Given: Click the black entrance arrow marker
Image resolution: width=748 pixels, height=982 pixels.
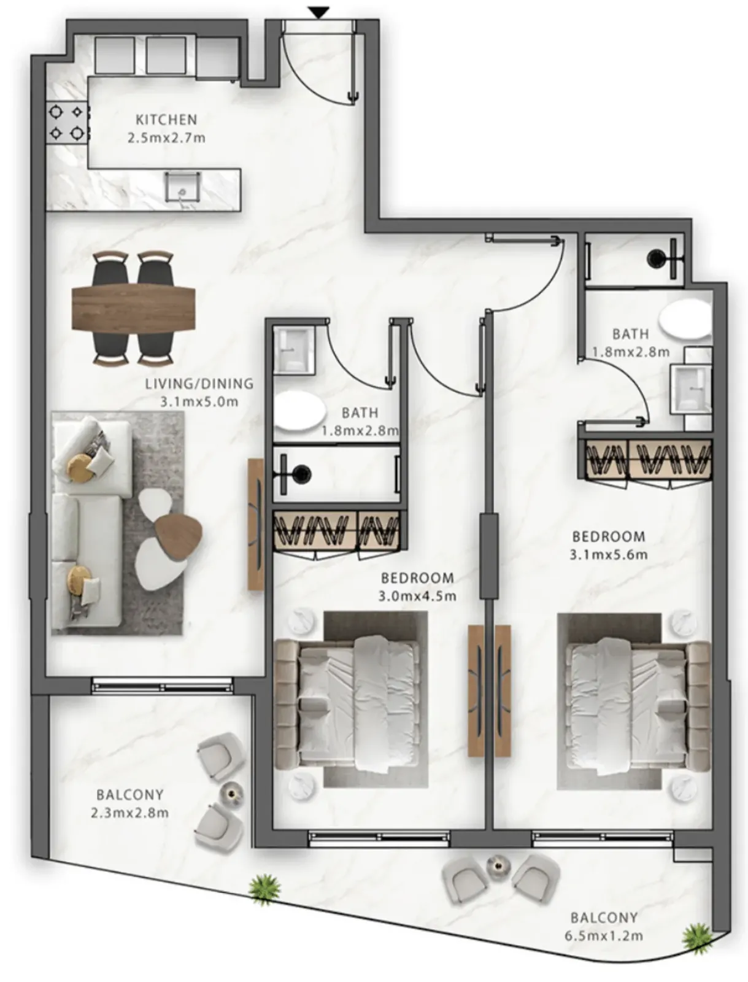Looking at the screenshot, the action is (x=319, y=12).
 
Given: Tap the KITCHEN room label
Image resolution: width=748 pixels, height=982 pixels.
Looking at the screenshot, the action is (x=166, y=120).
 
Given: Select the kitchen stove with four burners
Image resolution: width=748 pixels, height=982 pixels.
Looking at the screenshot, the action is (x=67, y=122).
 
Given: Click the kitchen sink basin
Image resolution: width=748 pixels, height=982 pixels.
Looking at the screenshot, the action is (x=182, y=186).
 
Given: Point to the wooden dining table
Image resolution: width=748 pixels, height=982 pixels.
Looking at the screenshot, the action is (x=133, y=308).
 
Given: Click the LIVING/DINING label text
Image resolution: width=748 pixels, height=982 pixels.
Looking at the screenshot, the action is (x=199, y=384).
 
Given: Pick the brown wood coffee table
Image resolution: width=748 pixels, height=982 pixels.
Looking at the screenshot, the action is (x=178, y=536).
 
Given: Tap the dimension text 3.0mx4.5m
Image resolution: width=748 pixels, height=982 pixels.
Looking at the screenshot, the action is (x=417, y=597).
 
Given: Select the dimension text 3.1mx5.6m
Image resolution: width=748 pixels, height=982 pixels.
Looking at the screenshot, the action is (x=609, y=555).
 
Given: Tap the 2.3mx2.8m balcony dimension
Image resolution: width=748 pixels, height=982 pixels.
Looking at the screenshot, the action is (x=129, y=813).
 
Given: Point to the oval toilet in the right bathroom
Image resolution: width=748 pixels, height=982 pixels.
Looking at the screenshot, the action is (x=685, y=320).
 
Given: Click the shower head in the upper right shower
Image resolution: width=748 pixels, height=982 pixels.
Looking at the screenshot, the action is (x=657, y=257).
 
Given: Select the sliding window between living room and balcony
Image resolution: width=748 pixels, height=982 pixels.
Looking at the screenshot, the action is (x=162, y=685).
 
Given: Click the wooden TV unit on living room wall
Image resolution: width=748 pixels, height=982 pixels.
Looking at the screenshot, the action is (x=256, y=524).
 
